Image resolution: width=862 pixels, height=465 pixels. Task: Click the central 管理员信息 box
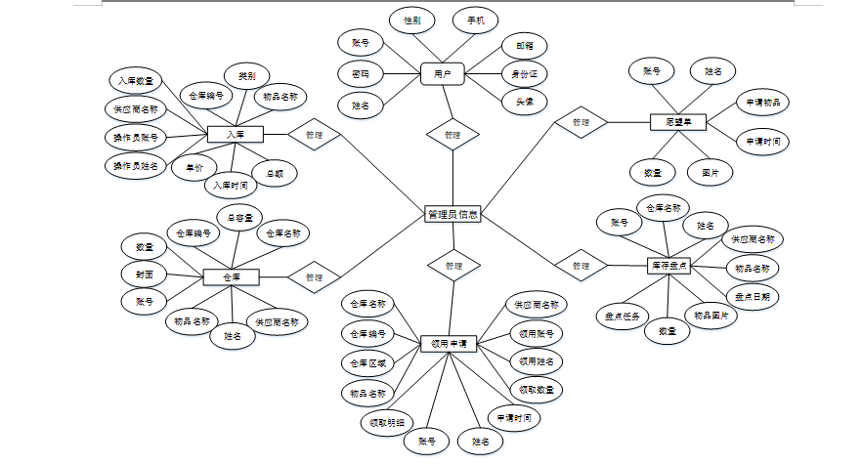453,215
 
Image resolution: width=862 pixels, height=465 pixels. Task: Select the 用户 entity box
442,73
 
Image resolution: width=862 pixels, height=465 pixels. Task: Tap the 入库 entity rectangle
235,134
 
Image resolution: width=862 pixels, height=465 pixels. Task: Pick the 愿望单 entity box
678,123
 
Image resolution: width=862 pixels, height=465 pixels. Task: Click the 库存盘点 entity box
669,265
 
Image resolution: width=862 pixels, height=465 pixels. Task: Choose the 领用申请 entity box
449,344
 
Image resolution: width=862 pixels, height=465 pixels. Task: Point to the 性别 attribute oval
411,20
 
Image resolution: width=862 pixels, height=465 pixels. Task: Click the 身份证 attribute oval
524,73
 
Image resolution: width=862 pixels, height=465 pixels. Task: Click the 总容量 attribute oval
240,217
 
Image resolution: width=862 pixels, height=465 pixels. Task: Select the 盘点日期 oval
752,295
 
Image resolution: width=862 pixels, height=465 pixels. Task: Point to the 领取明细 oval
386,423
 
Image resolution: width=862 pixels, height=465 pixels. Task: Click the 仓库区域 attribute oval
368,363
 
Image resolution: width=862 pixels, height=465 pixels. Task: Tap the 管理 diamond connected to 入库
314,135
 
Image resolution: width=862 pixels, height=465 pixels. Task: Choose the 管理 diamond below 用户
453,135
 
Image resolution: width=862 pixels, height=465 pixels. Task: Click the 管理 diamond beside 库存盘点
581,266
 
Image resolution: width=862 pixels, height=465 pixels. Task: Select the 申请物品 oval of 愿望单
761,102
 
